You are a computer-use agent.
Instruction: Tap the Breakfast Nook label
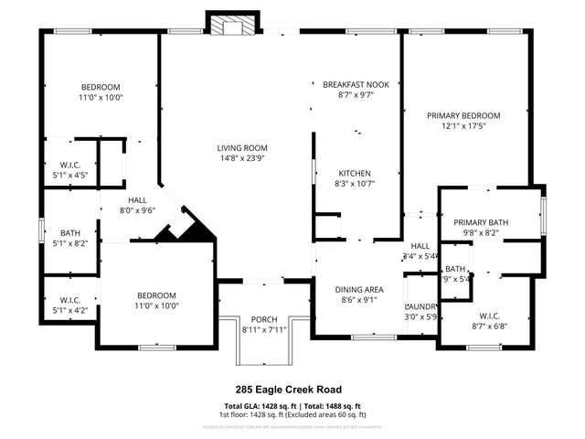point(356,84)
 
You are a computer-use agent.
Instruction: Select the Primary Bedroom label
point(464,115)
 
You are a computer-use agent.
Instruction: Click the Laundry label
point(420,306)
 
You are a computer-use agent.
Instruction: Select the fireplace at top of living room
point(229,26)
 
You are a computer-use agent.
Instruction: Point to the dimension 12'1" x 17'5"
point(464,126)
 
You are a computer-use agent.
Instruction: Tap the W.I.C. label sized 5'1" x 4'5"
point(65,165)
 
